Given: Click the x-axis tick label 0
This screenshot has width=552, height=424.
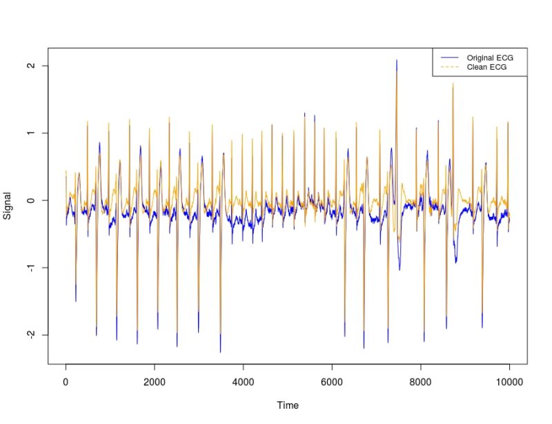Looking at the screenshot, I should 66,380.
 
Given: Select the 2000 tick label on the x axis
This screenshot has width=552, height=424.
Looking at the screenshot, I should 154,380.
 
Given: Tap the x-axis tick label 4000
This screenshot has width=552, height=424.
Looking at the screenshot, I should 243,380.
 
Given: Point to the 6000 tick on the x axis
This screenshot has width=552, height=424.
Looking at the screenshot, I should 332,380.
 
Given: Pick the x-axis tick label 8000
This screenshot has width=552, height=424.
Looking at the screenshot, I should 420,380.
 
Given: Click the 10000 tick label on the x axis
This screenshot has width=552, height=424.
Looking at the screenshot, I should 509,380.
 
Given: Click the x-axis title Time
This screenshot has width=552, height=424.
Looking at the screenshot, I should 287,405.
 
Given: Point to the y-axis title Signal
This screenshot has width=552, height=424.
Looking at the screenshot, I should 8,206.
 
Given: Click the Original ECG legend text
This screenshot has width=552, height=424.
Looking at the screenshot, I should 490,57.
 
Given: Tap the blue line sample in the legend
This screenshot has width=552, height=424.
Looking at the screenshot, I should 449,57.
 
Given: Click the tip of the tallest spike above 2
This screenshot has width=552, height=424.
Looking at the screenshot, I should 397,60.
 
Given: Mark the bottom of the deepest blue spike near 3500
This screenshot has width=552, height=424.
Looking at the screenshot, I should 221,352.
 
